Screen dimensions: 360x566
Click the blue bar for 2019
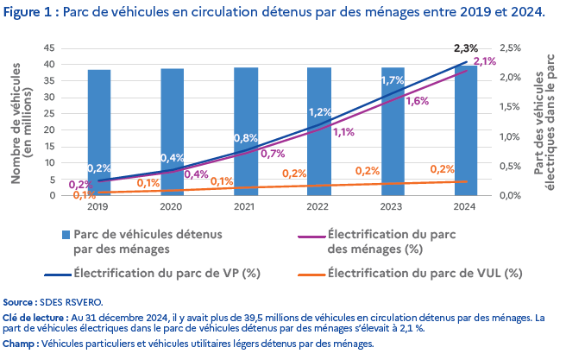(x=98, y=129)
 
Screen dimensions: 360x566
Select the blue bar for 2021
(x=246, y=104)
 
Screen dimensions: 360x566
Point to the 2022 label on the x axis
(x=319, y=207)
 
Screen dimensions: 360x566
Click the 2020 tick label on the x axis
(x=173, y=207)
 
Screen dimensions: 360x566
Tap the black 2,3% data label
(x=465, y=47)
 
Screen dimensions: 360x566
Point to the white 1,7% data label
(x=393, y=81)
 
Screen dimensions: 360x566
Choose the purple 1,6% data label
(x=417, y=101)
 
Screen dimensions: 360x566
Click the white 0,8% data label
(x=246, y=138)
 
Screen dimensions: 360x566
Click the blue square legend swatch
(x=66, y=235)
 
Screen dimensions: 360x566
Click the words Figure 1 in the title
(x=31, y=14)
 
